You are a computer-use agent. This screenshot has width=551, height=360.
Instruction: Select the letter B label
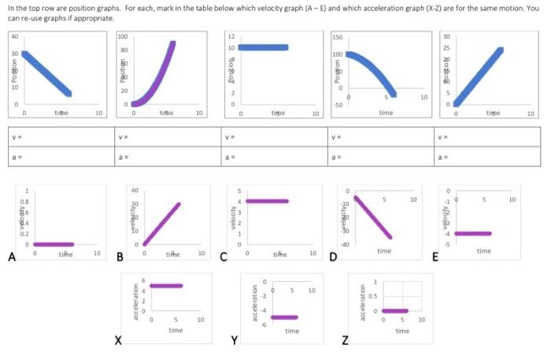[120, 256]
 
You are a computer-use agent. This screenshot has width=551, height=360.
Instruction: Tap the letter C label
[224, 256]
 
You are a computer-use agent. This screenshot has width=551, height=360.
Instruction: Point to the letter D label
[333, 256]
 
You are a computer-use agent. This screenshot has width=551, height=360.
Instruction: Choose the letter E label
[435, 256]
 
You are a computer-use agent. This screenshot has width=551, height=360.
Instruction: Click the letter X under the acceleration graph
[118, 340]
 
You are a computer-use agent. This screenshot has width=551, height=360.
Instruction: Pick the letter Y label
[234, 340]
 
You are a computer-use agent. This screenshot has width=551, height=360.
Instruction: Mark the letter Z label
[346, 340]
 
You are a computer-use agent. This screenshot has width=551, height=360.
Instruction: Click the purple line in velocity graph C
[268, 201]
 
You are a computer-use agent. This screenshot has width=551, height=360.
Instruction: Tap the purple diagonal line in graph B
[161, 224]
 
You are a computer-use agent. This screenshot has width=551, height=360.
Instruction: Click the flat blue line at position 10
[263, 47]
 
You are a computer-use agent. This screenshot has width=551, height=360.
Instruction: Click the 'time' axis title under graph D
[383, 251]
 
